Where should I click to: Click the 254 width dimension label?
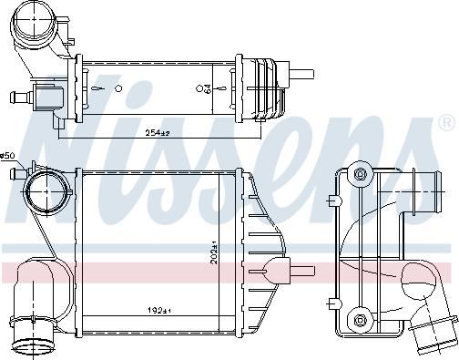(158, 133)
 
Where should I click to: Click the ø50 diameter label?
(8, 156)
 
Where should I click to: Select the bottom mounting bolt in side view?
(360, 320)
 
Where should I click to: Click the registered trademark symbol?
(446, 122)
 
